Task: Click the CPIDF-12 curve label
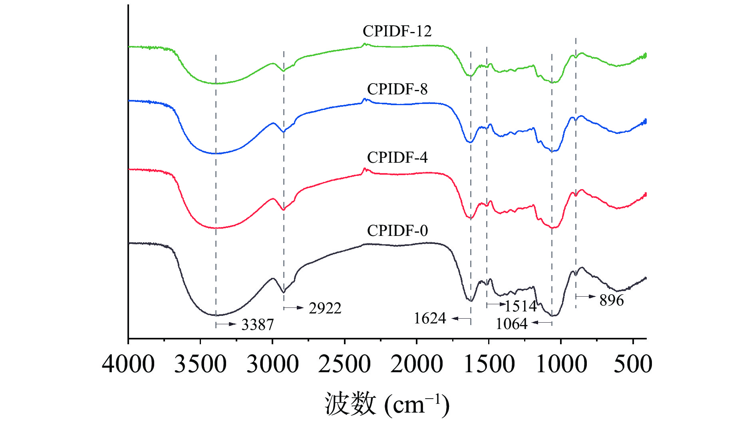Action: (397, 31)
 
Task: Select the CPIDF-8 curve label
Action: (397, 89)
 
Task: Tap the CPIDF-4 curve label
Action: (397, 158)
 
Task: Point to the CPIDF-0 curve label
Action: (397, 231)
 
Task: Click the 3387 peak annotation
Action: (258, 325)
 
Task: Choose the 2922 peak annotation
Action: (325, 308)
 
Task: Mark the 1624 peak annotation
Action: (430, 319)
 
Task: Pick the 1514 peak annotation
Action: (521, 306)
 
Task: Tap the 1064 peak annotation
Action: (512, 323)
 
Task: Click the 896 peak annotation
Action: (612, 300)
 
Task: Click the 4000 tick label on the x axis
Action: (128, 364)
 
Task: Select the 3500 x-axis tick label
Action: (201, 364)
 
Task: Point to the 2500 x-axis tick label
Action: (344, 364)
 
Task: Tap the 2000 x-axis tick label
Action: (417, 364)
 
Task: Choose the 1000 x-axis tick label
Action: (561, 364)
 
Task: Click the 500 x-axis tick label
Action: (633, 364)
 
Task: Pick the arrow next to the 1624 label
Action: (461, 319)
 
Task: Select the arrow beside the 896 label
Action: (586, 297)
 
